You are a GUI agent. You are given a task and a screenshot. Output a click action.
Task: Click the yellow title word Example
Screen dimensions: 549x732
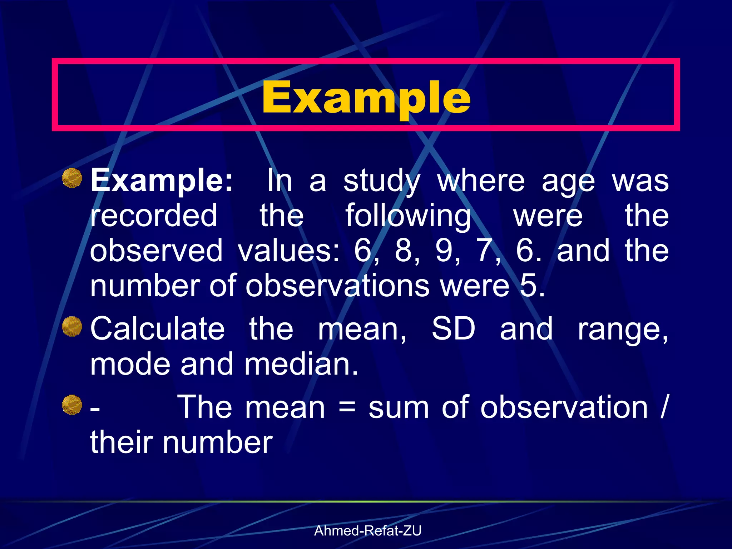tap(366, 97)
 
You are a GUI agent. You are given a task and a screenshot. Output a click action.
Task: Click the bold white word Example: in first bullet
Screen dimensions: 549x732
tap(162, 180)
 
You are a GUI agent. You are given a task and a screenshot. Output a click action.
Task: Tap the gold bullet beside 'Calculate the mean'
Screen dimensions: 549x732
tap(72, 326)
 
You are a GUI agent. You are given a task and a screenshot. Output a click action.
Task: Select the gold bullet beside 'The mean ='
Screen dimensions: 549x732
tap(72, 405)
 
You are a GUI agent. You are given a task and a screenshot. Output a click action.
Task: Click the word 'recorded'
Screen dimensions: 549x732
tap(154, 215)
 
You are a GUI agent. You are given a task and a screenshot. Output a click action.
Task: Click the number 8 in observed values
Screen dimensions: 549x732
tap(404, 251)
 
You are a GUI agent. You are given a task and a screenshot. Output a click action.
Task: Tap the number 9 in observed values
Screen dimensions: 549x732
tap(444, 251)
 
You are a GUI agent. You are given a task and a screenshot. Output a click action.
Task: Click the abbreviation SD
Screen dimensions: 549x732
tap(453, 328)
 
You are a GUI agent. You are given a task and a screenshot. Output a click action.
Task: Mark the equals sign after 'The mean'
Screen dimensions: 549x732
tap(347, 408)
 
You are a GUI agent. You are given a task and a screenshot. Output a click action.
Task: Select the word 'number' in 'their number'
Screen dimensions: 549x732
tap(218, 442)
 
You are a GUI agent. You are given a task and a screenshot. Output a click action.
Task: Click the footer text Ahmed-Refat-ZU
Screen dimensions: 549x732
tap(367, 531)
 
